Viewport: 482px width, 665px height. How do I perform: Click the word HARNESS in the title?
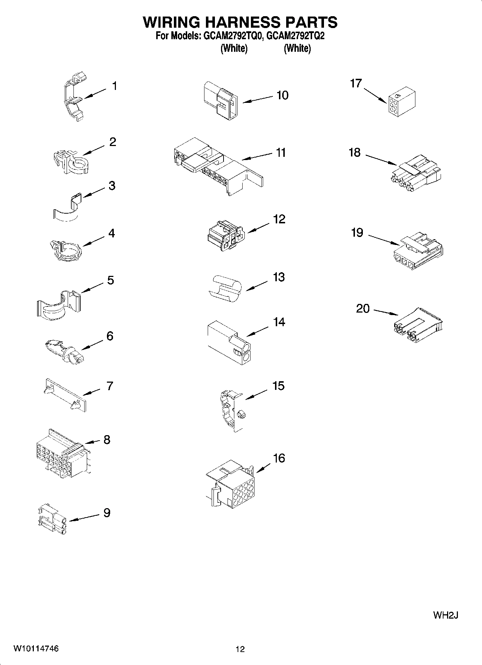240,22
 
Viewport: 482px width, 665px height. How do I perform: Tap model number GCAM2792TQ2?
296,36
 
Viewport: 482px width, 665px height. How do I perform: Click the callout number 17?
356,83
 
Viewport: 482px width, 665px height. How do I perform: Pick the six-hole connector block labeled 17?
402,103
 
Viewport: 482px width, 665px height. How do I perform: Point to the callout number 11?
281,152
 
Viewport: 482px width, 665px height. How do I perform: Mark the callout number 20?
362,309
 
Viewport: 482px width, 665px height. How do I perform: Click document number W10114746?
36,649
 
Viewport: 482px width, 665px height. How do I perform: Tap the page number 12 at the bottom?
240,649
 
